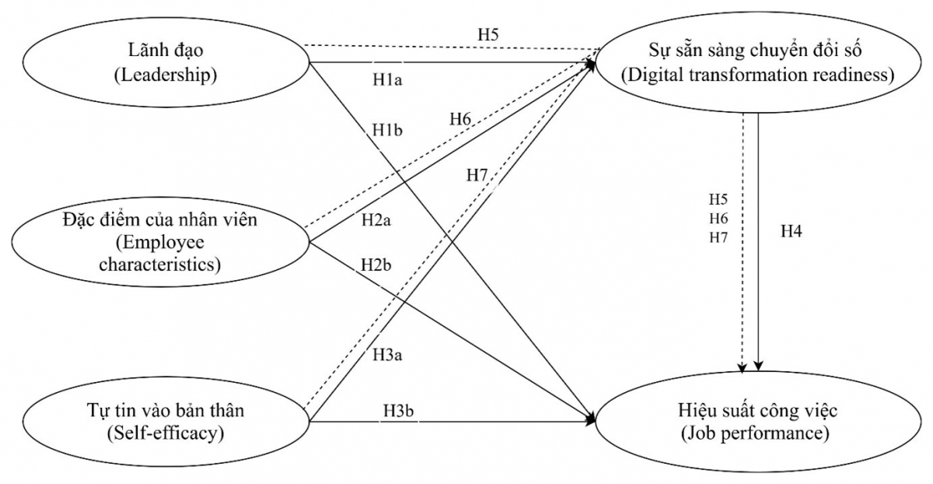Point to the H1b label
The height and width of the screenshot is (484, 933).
(387, 129)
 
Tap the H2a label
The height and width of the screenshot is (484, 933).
(376, 220)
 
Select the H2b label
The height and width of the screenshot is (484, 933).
(376, 265)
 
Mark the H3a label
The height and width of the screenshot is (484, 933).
(386, 356)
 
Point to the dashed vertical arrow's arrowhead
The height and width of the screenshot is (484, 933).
(743, 366)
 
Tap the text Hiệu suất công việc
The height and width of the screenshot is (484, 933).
(758, 410)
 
